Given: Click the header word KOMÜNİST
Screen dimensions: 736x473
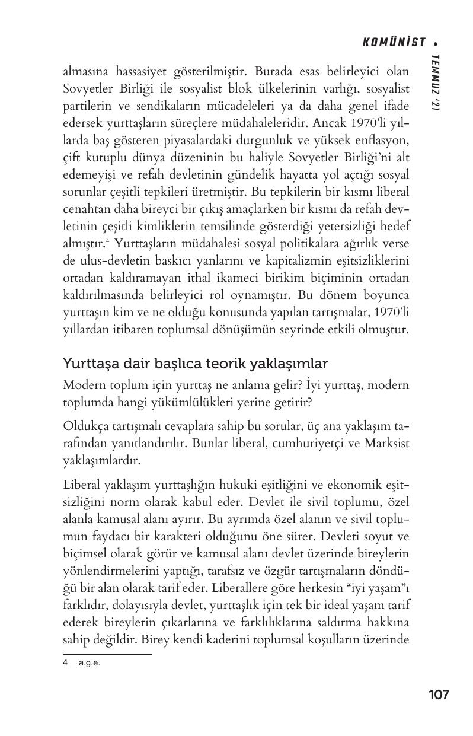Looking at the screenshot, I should click(394, 42).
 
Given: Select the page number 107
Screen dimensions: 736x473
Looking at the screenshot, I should click(439, 694).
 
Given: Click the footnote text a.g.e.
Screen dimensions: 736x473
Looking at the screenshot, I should click(90, 663).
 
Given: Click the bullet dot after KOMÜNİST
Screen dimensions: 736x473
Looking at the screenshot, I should click(436, 43).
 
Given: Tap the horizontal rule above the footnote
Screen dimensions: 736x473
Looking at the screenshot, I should click(107, 654).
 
